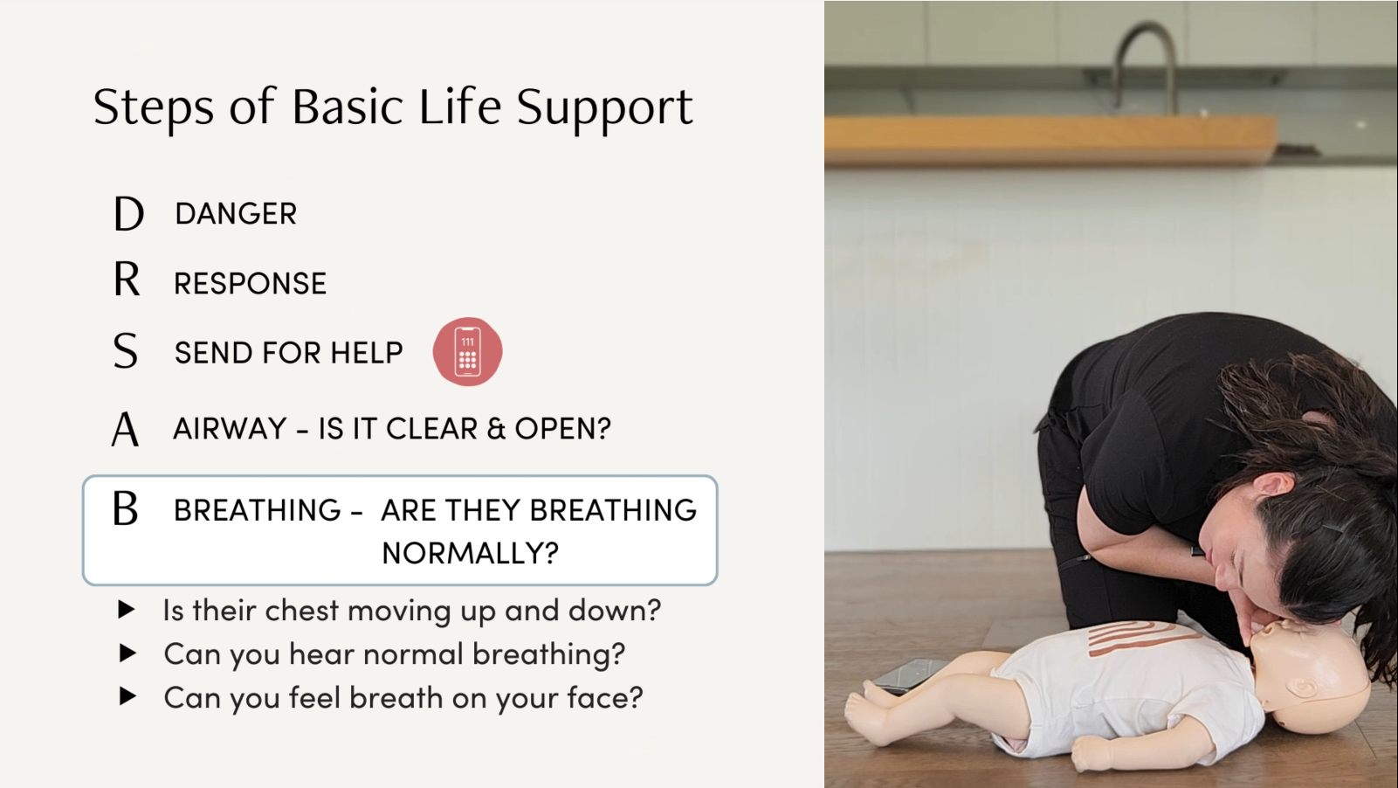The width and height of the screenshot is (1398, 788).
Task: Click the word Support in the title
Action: point(604,108)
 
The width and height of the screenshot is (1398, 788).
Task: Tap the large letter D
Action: point(128,213)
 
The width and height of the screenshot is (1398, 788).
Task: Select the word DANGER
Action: point(236,214)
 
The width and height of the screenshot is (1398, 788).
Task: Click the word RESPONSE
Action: point(250,284)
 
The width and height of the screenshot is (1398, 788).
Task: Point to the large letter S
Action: point(126,351)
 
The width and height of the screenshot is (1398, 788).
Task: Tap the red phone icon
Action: point(467,351)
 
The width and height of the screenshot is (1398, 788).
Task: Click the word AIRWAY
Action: point(230,429)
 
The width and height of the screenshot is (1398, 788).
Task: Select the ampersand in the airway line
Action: point(496,429)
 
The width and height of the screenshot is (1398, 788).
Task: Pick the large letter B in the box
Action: point(126,508)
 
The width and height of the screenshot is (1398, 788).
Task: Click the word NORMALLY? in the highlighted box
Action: point(470,553)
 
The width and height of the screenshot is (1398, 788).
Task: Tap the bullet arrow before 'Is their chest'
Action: point(127,610)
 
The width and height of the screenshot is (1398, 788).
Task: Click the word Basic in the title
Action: point(349,107)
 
